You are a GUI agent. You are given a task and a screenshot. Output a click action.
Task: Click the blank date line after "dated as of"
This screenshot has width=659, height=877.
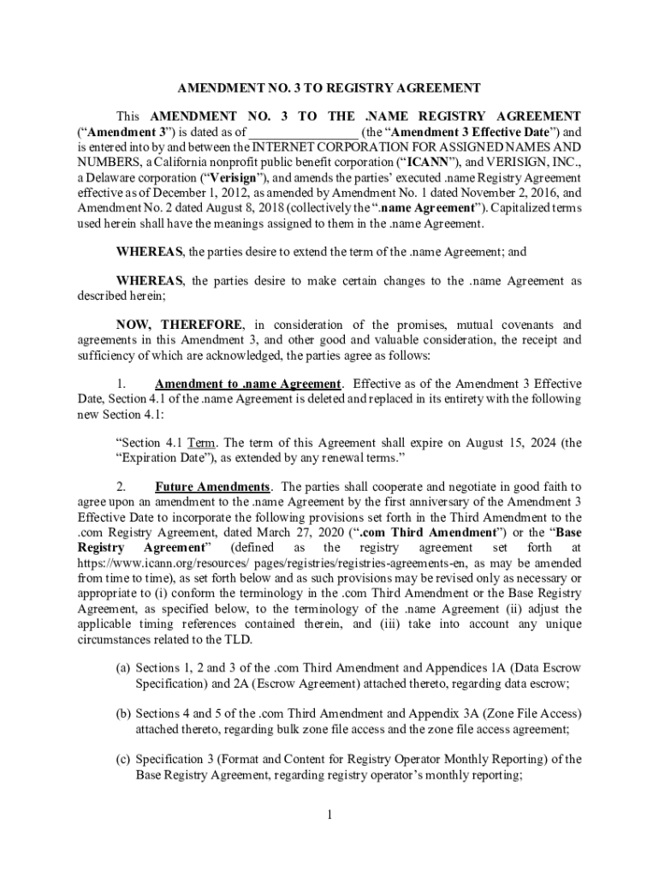[x=303, y=132]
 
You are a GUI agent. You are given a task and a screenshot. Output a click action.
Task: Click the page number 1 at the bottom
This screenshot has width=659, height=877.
[x=329, y=814]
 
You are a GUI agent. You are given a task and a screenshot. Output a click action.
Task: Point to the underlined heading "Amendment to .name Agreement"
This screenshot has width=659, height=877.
[x=248, y=383]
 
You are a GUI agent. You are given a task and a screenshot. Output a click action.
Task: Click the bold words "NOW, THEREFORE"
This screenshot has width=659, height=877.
[x=180, y=325]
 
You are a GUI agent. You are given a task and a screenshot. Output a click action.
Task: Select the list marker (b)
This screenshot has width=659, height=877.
[x=123, y=714]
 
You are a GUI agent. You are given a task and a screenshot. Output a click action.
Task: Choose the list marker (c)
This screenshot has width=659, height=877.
[x=123, y=760]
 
